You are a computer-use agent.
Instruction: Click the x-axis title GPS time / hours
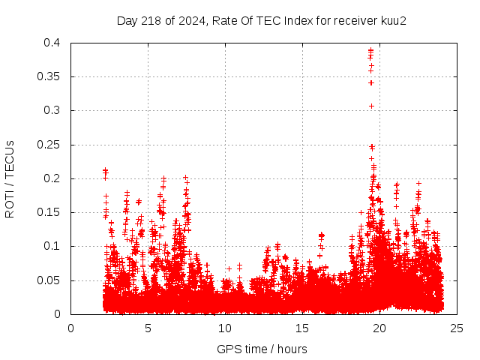pyautogui.click(x=262, y=349)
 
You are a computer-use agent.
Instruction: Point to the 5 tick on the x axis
pyautogui.click(x=148, y=328)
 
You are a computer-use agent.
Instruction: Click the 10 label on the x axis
pyautogui.click(x=225, y=328)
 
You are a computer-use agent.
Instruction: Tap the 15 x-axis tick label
pyautogui.click(x=302, y=328)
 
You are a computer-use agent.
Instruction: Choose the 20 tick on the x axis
pyautogui.click(x=379, y=328)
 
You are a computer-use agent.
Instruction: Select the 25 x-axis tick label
pyautogui.click(x=457, y=328)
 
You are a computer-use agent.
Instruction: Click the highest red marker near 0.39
pyautogui.click(x=370, y=50)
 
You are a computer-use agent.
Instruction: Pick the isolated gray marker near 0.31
pyautogui.click(x=371, y=106)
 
